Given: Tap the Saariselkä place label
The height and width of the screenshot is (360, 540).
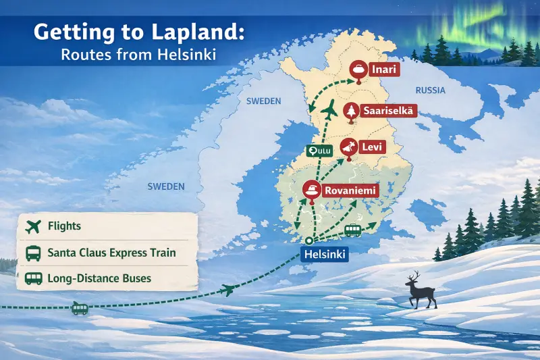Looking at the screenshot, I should pyautogui.click(x=388, y=110).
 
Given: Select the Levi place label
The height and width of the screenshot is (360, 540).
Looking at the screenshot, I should pyautogui.click(x=370, y=146).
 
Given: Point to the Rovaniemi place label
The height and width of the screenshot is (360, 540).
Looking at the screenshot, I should pyautogui.click(x=350, y=190).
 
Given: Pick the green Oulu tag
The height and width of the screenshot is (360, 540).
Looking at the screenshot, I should pyautogui.click(x=319, y=151).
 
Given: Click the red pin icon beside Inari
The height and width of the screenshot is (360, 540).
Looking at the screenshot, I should pyautogui.click(x=358, y=70).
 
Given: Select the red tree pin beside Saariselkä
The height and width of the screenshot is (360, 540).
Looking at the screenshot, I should pyautogui.click(x=350, y=111).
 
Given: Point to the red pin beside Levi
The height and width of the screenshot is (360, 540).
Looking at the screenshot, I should pyautogui.click(x=348, y=147).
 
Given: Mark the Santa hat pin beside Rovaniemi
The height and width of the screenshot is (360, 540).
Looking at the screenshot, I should pyautogui.click(x=311, y=191).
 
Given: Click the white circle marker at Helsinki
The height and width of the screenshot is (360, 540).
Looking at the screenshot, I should pyautogui.click(x=309, y=241).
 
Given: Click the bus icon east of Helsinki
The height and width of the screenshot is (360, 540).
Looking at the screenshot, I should pyautogui.click(x=352, y=230).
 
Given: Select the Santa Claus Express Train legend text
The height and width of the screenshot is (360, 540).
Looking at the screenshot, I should pyautogui.click(x=111, y=253).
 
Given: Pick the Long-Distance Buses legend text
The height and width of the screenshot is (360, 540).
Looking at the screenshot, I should pyautogui.click(x=99, y=278).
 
